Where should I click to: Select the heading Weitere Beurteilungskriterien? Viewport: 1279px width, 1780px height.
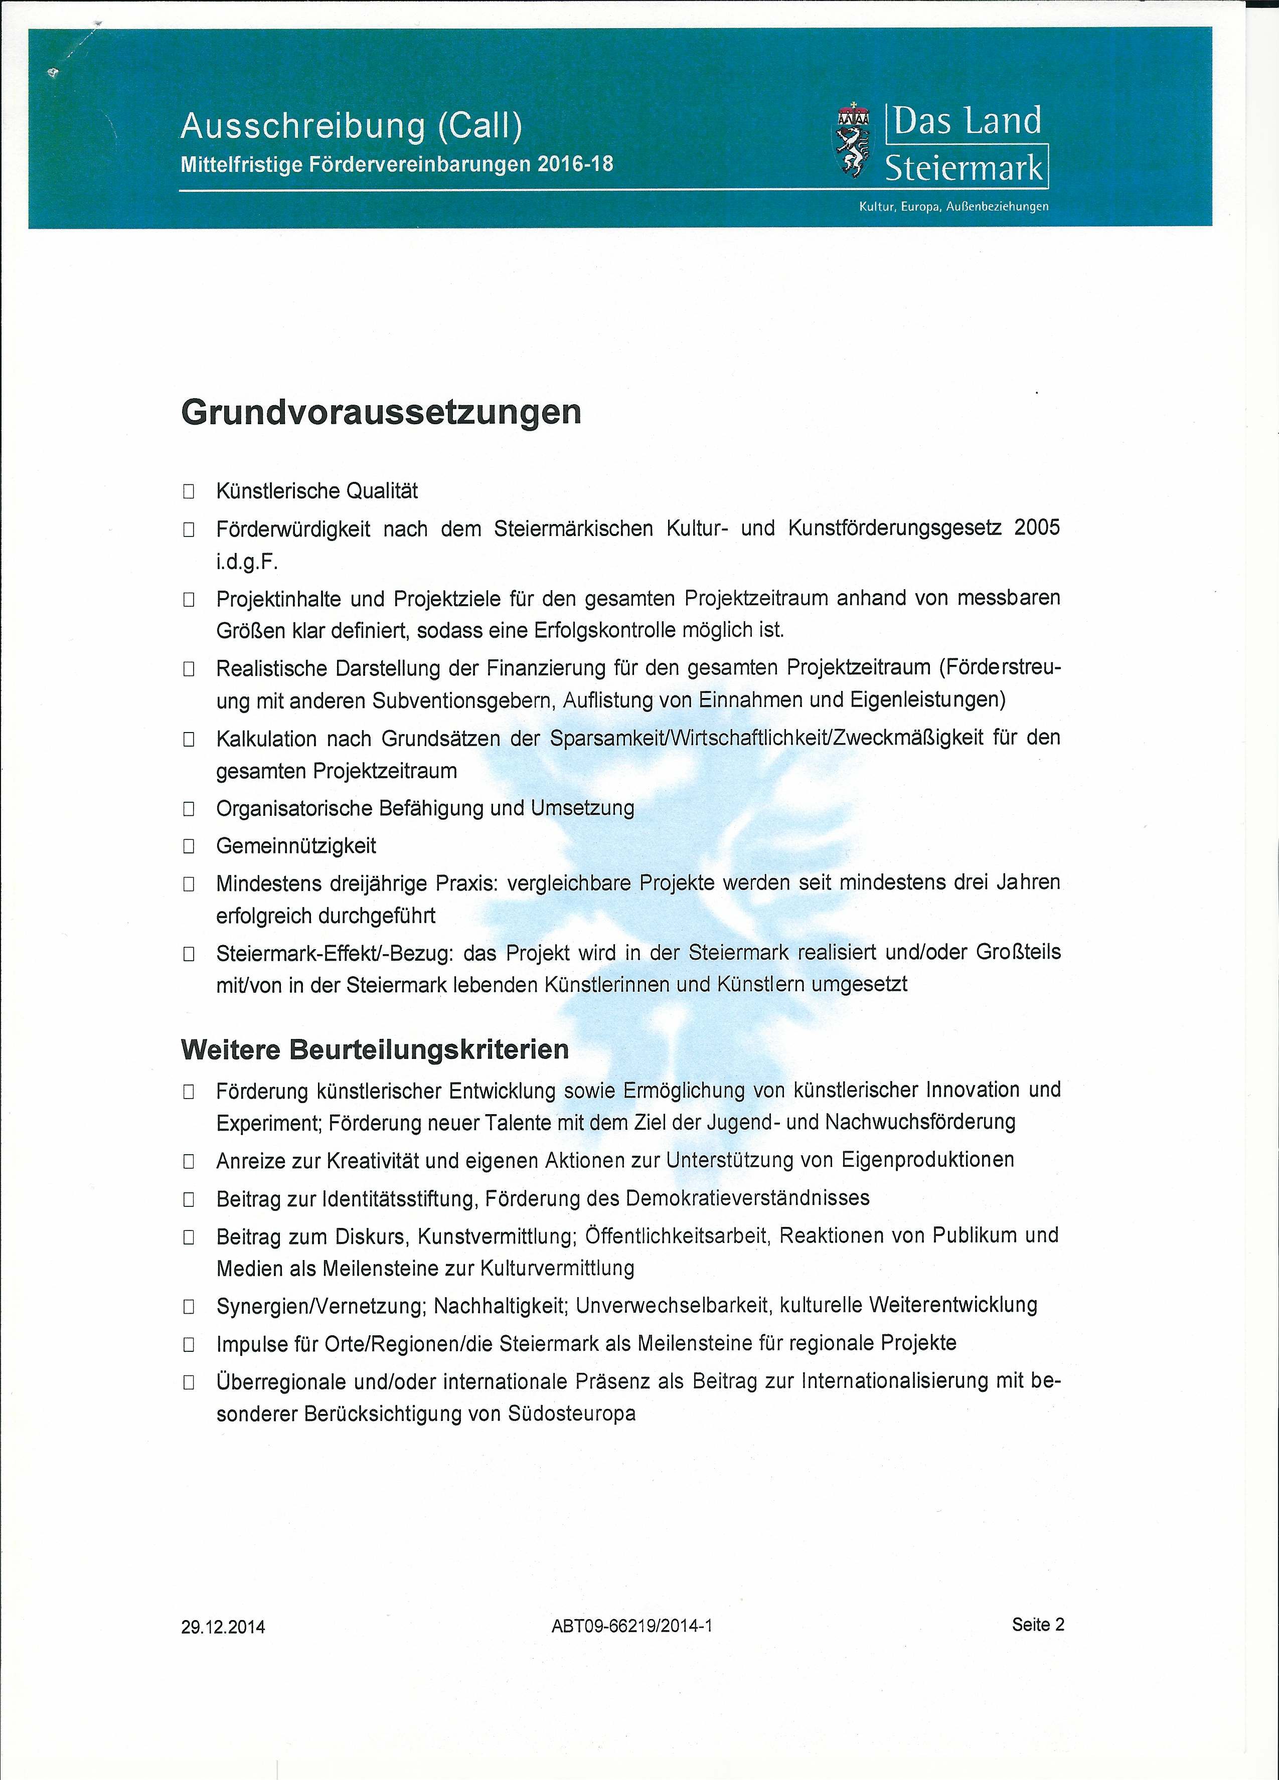pyautogui.click(x=375, y=1049)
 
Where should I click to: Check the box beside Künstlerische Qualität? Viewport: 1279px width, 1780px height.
pyautogui.click(x=189, y=492)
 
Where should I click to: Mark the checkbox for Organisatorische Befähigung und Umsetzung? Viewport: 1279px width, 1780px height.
pyautogui.click(x=189, y=808)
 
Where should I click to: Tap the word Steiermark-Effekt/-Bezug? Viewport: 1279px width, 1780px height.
pyautogui.click(x=335, y=953)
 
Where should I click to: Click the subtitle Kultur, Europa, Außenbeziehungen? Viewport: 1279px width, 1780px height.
pyautogui.click(x=953, y=207)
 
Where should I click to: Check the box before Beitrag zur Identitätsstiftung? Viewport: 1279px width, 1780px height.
pyautogui.click(x=189, y=1198)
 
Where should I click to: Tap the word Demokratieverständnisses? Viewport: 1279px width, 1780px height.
pyautogui.click(x=747, y=1198)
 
